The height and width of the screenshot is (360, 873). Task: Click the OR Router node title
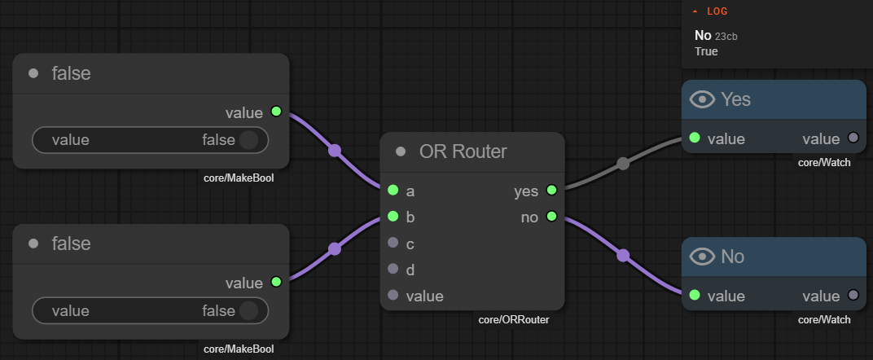[x=463, y=151]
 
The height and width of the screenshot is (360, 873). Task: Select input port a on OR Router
[x=393, y=191]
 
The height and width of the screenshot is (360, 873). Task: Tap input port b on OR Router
[x=393, y=216]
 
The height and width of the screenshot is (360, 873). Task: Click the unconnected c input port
[x=393, y=243]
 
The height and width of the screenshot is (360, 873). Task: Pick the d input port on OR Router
[x=393, y=269]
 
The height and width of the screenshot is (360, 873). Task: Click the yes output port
[x=552, y=191]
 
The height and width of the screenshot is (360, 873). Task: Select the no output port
[x=552, y=216]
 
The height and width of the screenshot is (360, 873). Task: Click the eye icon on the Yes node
[x=702, y=99]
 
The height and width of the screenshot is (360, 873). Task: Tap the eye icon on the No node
[x=702, y=257]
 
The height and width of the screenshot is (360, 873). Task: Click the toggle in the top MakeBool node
[x=248, y=139]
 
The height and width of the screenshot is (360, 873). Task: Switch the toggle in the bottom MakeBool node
[x=248, y=310]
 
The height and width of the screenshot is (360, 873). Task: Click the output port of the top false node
[x=276, y=112]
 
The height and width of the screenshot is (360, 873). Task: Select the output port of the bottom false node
[x=276, y=282]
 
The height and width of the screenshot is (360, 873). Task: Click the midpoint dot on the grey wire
[x=623, y=164]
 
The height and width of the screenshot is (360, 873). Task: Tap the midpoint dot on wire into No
[x=623, y=256]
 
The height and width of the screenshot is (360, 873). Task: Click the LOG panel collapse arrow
[x=695, y=11]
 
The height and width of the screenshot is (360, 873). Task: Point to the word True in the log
[x=706, y=51]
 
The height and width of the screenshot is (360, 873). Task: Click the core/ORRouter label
[x=514, y=320]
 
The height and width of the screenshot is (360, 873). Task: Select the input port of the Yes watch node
[x=695, y=138]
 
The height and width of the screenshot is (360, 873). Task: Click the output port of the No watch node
[x=853, y=295]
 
